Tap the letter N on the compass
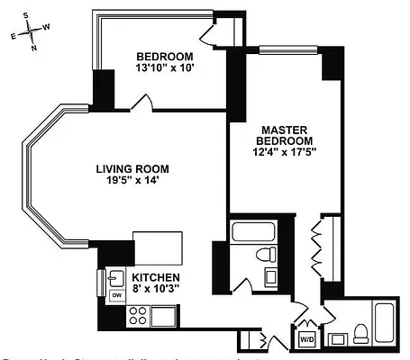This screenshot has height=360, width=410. [x=34, y=49]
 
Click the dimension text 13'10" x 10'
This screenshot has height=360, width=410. [x=165, y=67]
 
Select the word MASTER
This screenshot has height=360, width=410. [x=285, y=130]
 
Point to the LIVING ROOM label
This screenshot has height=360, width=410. [x=132, y=167]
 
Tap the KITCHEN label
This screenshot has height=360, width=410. [x=156, y=277]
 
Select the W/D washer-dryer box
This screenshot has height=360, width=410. [x=306, y=339]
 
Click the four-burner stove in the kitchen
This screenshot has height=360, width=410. [x=138, y=315]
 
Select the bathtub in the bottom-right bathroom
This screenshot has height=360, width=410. [x=384, y=324]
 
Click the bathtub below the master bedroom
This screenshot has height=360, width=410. [x=257, y=232]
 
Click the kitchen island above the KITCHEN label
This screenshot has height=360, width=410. [x=158, y=246]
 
